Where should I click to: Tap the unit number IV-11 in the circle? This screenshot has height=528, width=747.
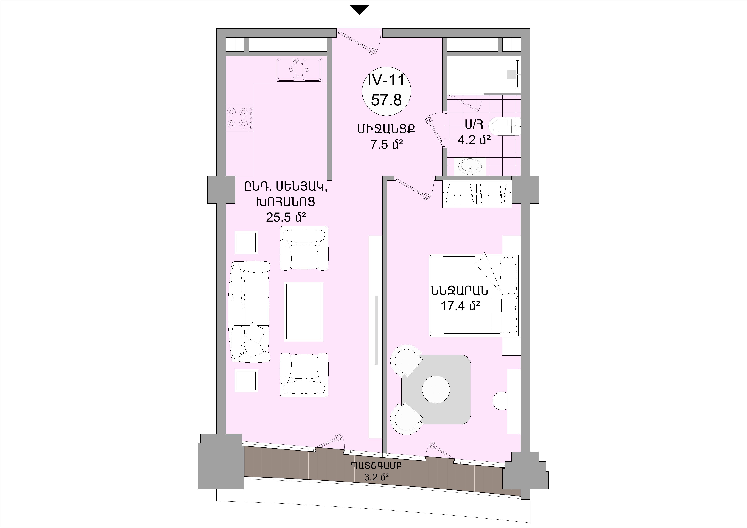386,80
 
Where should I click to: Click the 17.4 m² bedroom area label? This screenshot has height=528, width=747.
460,306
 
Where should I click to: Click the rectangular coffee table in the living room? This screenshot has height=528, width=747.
304,312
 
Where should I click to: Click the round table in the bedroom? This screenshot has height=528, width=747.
436,389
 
